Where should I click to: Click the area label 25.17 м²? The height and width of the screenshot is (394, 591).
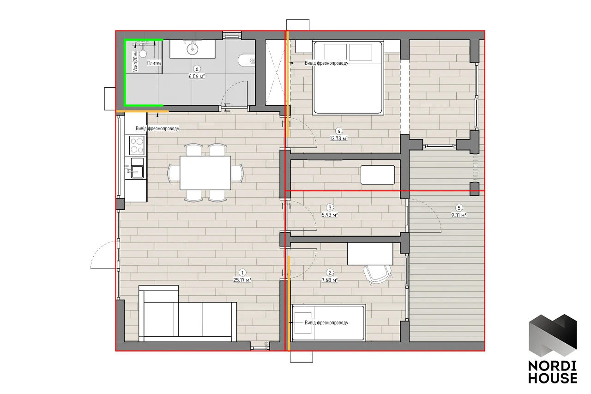tap(242, 280)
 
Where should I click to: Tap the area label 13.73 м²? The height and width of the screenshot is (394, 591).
tap(339, 138)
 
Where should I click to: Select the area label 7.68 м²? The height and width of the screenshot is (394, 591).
tap(330, 280)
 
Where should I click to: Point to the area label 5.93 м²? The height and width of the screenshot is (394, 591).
tap(330, 215)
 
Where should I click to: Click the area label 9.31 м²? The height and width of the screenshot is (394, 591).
tap(458, 215)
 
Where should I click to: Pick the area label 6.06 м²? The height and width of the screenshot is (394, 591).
tap(197, 76)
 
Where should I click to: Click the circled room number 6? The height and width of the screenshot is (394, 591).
tap(197, 69)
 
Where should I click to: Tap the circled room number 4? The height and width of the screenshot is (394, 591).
tap(339, 131)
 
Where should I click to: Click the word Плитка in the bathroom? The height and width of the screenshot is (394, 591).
tap(154, 63)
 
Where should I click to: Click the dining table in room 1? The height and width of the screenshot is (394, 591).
tap(205, 173)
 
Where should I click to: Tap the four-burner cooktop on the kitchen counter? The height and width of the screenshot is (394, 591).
tap(137, 145)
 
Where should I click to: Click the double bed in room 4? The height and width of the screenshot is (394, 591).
tap(348, 78)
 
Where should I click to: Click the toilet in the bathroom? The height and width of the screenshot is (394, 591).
tap(247, 61)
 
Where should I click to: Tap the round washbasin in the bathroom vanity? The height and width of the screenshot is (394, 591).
tap(193, 49)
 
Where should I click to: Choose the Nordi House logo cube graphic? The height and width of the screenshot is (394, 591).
tap(553, 335)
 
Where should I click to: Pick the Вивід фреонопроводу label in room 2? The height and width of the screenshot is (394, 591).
tap(326, 322)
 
